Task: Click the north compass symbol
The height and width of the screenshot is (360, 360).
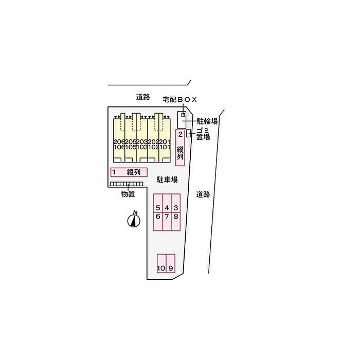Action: (x=134, y=220)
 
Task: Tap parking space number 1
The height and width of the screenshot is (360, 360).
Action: (x=129, y=172)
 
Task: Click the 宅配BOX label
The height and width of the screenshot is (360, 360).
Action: (x=179, y=99)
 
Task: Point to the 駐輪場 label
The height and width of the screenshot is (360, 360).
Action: (x=207, y=122)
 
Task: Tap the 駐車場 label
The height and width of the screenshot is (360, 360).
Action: (x=167, y=179)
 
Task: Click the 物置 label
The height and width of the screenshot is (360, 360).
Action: (x=128, y=194)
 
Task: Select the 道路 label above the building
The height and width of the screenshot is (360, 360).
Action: (x=143, y=96)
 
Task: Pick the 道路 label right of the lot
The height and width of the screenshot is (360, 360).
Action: (x=204, y=194)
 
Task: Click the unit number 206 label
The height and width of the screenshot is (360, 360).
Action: (x=119, y=141)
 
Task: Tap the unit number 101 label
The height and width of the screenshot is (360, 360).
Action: (x=165, y=147)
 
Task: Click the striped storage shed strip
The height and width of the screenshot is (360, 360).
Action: (x=127, y=184)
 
